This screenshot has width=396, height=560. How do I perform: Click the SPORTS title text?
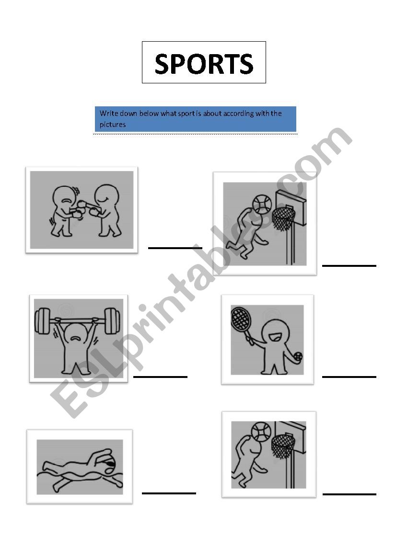click(x=204, y=64)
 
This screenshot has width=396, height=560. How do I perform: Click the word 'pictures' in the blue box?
click(x=113, y=125)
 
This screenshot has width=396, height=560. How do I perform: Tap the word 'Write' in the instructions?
click(x=109, y=113)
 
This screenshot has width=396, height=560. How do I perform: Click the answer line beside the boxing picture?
click(x=175, y=248)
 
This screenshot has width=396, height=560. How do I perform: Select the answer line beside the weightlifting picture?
click(x=160, y=377)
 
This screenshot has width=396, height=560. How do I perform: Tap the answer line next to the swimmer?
click(x=169, y=493)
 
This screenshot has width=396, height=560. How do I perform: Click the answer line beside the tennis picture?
click(x=349, y=377)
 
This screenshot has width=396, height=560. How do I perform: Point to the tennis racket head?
click(x=240, y=319)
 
